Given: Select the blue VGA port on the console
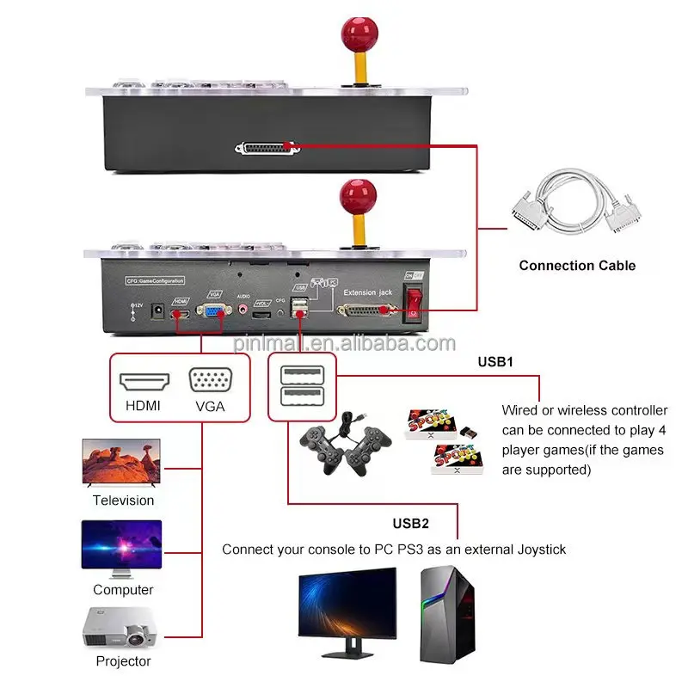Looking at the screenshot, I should click(212, 313).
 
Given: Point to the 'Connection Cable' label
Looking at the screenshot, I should click(577, 266).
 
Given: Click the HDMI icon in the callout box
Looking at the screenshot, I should click(144, 382).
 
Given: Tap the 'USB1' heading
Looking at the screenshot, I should click(495, 362).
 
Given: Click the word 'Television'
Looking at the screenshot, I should click(124, 501).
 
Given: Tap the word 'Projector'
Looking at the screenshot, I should click(123, 661).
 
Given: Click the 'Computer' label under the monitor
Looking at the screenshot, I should click(123, 590).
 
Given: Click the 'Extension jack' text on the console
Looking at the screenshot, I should click(367, 293).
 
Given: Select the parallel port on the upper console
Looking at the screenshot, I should click(267, 149).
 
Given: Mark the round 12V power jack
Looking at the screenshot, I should click(158, 312).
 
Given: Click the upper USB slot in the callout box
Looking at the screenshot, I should click(301, 376).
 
